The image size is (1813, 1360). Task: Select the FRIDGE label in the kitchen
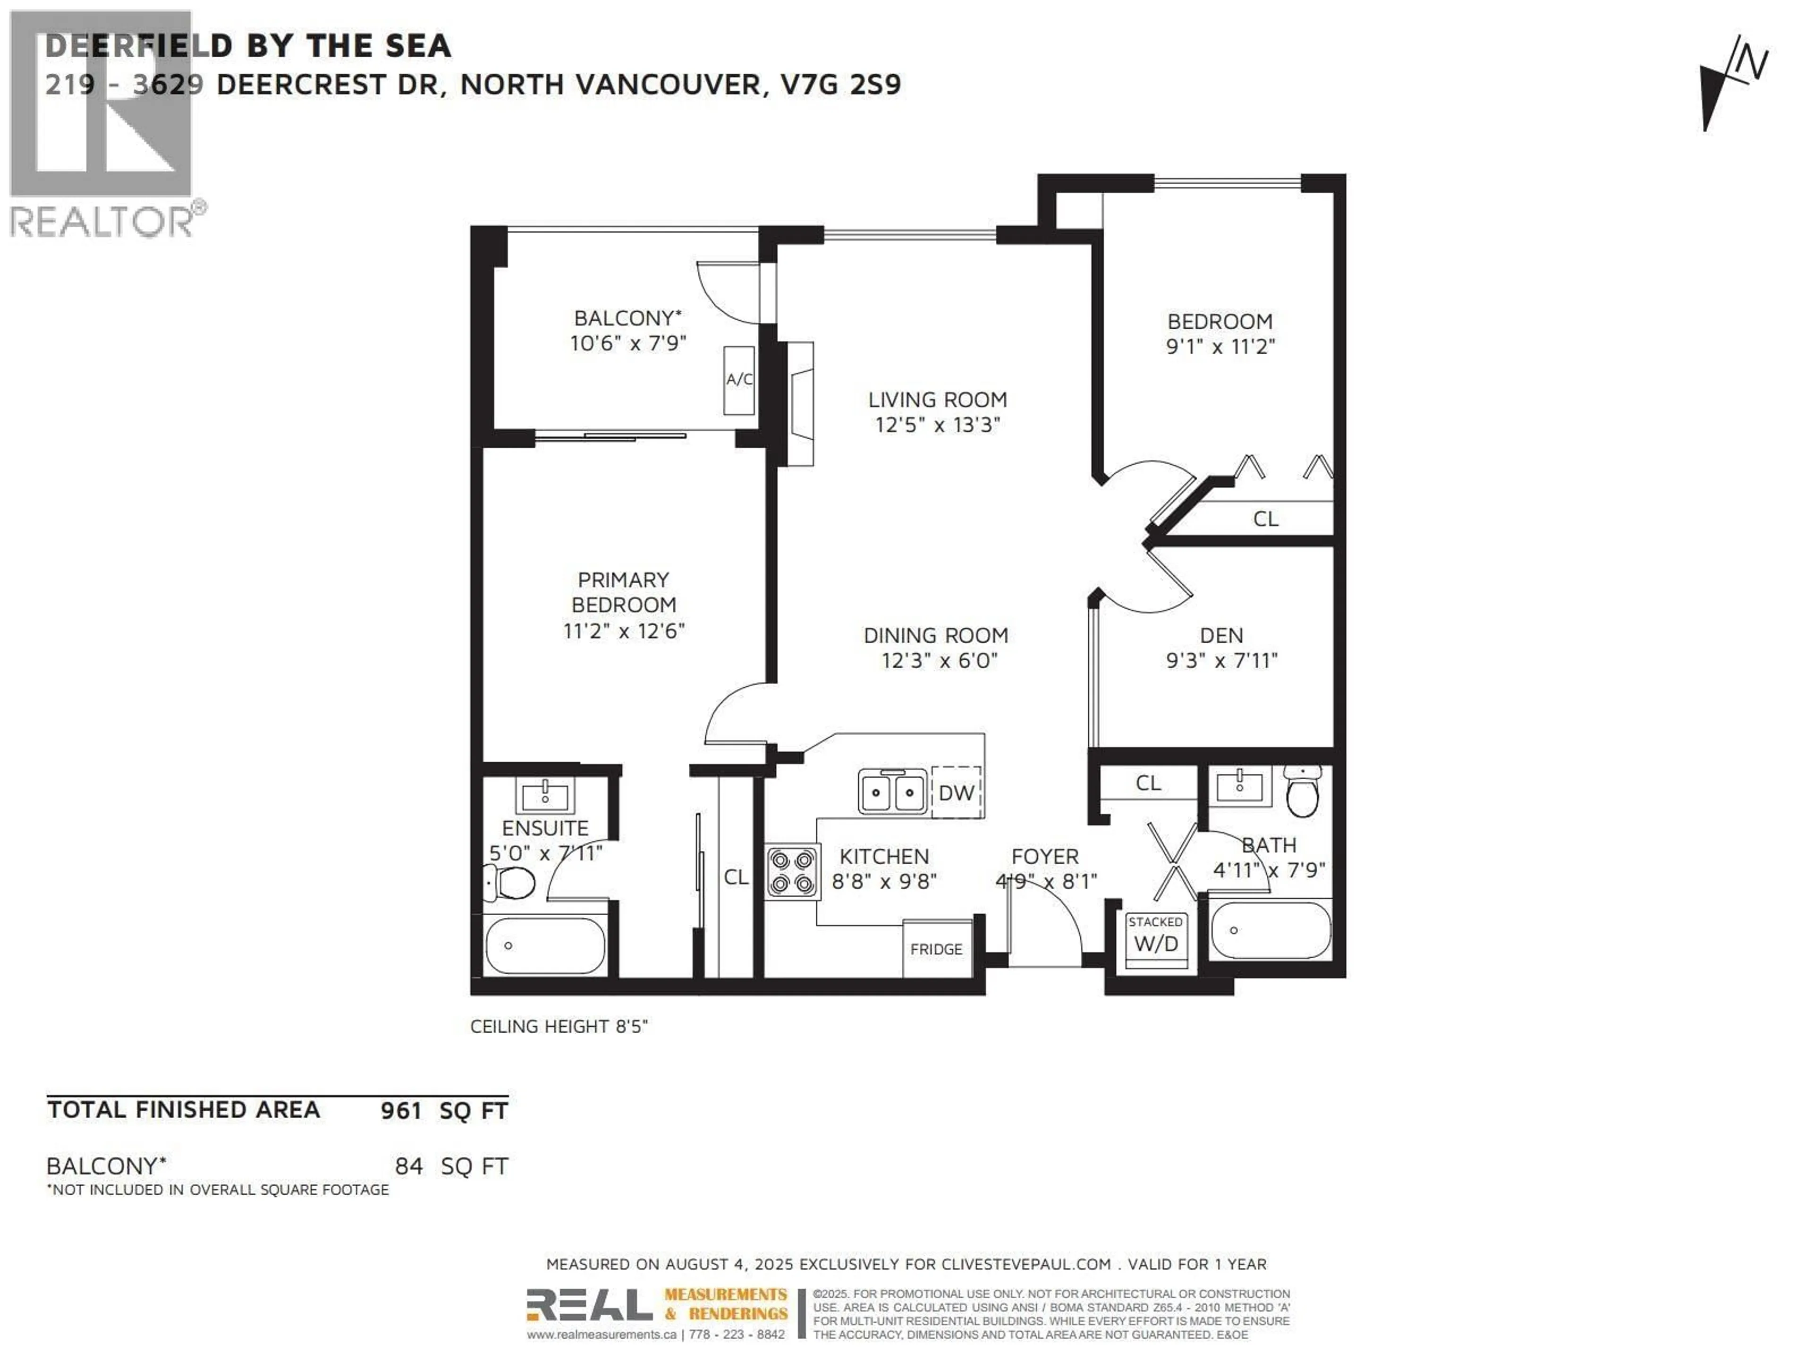(936, 949)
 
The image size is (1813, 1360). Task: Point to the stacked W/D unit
(1156, 939)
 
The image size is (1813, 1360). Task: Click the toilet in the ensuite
(511, 884)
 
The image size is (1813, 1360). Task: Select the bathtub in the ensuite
(545, 946)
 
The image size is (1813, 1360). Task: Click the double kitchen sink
(892, 792)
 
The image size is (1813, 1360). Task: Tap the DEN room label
(1221, 635)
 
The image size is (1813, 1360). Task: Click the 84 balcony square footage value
(409, 1166)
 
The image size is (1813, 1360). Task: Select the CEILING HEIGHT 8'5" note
(559, 1026)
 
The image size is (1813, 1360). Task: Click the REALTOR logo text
(102, 221)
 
